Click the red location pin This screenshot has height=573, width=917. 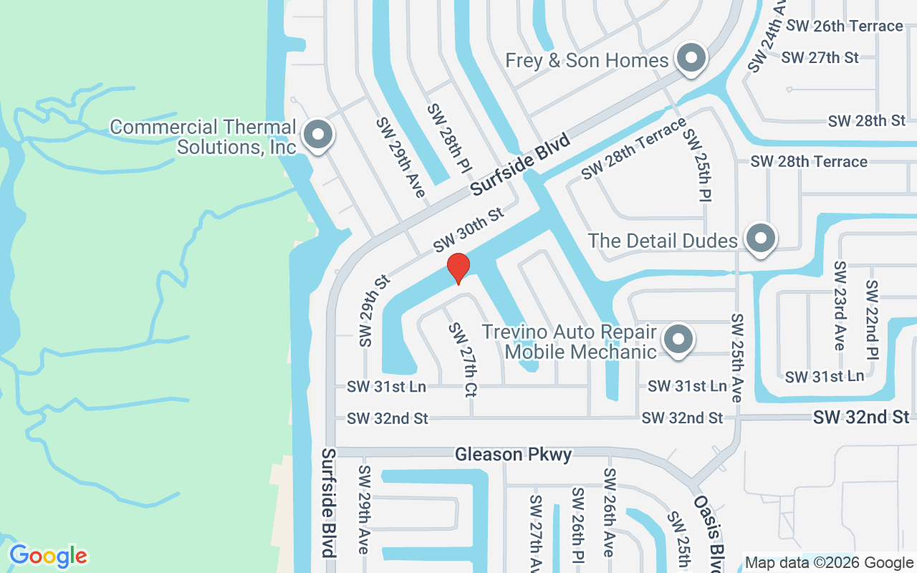pos(458,267)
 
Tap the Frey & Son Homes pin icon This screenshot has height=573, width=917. pos(691,59)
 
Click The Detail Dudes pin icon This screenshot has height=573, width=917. pos(761,239)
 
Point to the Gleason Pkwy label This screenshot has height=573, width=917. pos(514,455)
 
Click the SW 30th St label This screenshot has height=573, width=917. pos(469,229)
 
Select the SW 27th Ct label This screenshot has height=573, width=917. pos(462,360)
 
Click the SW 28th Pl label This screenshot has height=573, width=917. pos(449,140)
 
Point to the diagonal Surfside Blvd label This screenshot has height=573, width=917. pos(520,164)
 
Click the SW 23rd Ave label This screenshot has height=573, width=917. pos(840,305)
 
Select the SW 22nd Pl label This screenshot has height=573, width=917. pos(872,326)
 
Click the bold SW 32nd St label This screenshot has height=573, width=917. pos(861,417)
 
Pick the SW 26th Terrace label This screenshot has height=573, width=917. pos(844,26)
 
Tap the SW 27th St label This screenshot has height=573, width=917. pos(820,57)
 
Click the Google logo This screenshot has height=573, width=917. pos(48,556)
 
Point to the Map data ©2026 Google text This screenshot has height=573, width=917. pos(829,563)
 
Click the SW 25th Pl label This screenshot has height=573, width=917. pos(696,165)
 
